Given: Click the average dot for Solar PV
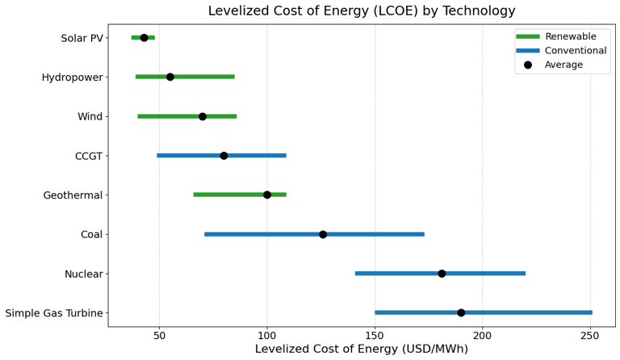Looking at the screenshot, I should click(144, 38).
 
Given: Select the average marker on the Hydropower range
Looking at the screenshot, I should click(170, 77).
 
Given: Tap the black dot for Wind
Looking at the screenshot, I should click(203, 116).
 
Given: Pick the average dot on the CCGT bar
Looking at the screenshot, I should click(224, 156).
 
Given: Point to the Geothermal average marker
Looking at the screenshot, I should click(267, 195).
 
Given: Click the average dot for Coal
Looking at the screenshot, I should click(323, 234).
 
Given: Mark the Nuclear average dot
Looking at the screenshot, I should click(442, 274).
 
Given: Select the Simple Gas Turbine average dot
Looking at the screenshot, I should click(461, 312).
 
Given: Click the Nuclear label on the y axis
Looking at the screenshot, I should click(84, 274).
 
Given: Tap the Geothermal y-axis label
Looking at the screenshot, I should click(73, 195).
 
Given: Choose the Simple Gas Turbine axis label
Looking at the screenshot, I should click(54, 313).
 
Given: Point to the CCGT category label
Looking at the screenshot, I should click(89, 156).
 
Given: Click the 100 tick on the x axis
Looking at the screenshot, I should click(267, 335).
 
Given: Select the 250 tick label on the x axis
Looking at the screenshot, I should click(590, 335).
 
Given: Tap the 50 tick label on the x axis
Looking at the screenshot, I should click(159, 335).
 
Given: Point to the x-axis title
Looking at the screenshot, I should click(362, 350).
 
